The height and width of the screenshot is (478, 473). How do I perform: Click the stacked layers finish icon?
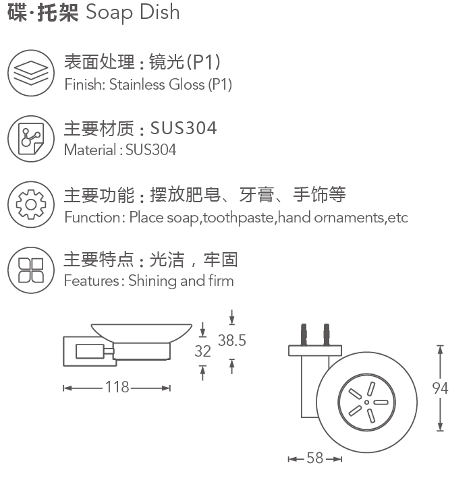point(31,73)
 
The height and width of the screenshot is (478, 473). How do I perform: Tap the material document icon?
point(31,139)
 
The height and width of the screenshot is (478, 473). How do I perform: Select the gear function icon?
point(31,204)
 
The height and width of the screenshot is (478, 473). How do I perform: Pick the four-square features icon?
point(31,270)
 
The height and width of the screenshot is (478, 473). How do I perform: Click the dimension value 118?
point(117,387)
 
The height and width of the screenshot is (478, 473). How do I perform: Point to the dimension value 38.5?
point(232,340)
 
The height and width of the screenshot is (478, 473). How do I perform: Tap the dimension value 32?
point(202,351)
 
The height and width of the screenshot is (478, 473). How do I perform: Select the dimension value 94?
point(440,388)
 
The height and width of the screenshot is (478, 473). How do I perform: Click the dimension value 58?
point(315,458)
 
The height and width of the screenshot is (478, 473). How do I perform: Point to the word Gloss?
point(187,84)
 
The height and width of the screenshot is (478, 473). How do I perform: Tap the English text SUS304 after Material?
point(150,150)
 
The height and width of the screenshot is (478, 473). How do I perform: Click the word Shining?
point(152,280)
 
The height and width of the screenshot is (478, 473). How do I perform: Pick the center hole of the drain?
point(367,402)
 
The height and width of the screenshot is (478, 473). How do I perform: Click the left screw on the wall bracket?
point(304,334)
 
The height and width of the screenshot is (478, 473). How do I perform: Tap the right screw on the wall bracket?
point(327,334)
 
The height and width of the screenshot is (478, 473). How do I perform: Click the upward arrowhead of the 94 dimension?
point(440,349)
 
